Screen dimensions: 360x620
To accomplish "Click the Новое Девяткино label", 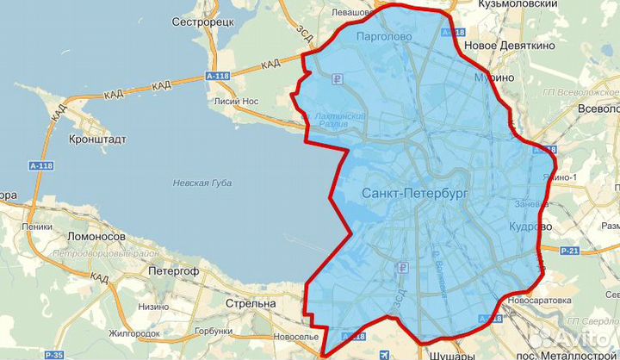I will [506, 44].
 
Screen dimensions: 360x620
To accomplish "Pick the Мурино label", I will [494, 78].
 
